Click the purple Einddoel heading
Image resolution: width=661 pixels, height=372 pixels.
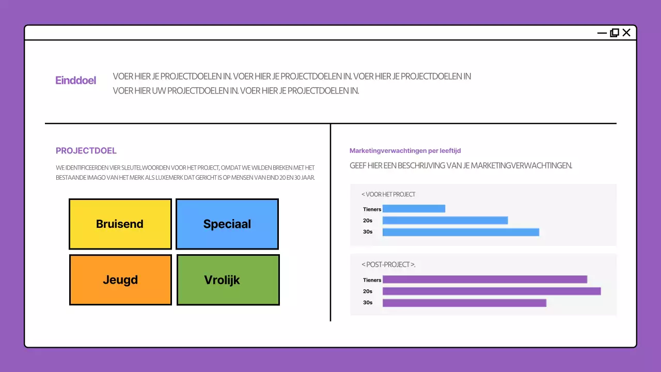76,80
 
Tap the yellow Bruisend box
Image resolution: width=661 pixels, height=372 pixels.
120,224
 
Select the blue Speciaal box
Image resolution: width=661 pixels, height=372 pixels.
227,224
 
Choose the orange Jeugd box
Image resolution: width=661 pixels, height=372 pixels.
120,280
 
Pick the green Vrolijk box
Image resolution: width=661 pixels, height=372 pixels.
228,280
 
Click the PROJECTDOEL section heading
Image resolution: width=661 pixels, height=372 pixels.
86,151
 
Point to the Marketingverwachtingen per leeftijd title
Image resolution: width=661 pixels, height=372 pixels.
405,151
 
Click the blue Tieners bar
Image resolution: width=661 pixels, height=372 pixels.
414,209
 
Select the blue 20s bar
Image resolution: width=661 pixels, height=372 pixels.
445,221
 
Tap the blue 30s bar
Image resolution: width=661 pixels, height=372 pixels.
461,232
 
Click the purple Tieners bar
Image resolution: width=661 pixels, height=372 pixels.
484,280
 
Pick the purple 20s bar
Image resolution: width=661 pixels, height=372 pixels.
492,291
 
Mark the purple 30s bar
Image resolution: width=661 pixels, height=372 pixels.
464,303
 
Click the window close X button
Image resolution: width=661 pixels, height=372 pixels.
626,33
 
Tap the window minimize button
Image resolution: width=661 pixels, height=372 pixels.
602,33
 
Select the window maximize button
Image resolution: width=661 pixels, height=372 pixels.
615,33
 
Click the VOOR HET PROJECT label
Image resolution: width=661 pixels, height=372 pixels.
388,194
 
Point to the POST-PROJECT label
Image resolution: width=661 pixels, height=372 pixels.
388,265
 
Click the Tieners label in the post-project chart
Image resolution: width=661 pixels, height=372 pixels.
372,280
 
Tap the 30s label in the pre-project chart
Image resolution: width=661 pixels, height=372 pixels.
368,232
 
